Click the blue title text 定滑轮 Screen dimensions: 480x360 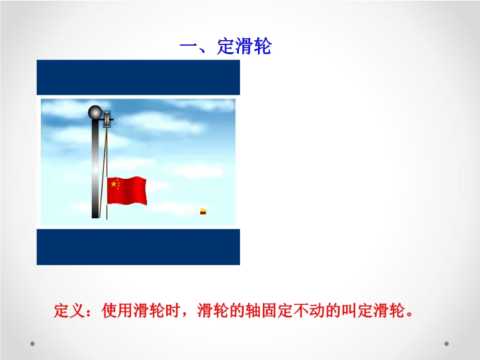[x=244, y=47]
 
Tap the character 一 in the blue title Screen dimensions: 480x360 [x=188, y=47]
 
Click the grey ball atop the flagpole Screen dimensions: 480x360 [x=95, y=112]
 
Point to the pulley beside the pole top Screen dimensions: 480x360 [x=107, y=119]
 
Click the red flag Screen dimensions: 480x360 [x=127, y=190]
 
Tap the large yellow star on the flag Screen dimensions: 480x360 [x=113, y=184]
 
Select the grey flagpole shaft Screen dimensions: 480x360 [x=95, y=169]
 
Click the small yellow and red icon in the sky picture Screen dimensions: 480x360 [x=203, y=212]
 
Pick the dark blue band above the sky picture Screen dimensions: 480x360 [x=139, y=77]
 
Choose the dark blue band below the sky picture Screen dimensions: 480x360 [x=139, y=247]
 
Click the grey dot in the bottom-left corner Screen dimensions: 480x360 [x=32, y=343]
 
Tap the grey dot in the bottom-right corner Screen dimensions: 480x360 [x=446, y=343]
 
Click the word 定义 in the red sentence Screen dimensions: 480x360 [x=70, y=311]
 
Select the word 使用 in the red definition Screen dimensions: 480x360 [x=117, y=311]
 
